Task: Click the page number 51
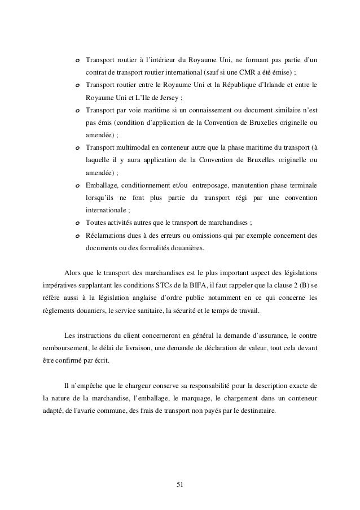click(180, 484)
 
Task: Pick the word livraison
click(130, 347)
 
